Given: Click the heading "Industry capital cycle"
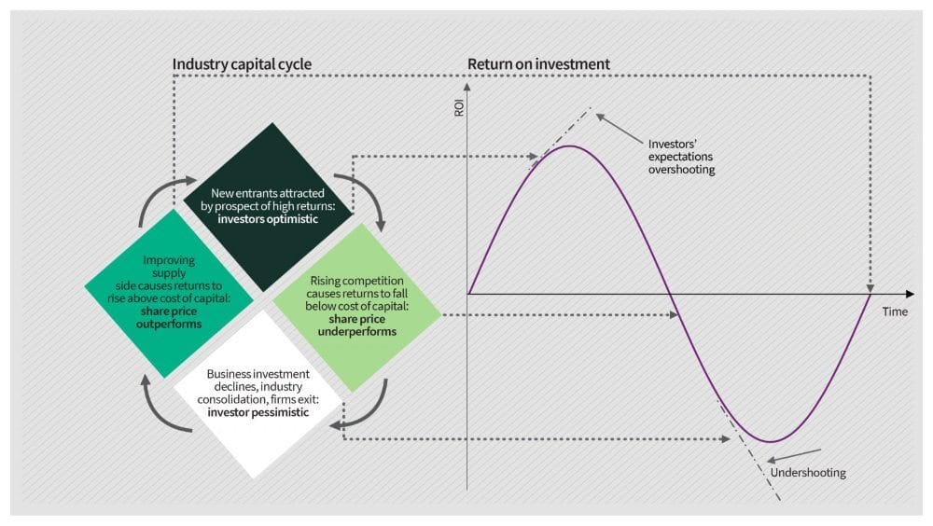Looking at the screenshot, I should pyautogui.click(x=242, y=64).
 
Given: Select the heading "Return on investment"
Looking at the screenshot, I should pyautogui.click(x=538, y=64).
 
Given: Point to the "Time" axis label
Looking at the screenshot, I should pyautogui.click(x=895, y=311).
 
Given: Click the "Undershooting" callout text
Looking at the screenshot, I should pyautogui.click(x=808, y=473).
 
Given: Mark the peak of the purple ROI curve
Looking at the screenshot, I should pyautogui.click(x=569, y=146).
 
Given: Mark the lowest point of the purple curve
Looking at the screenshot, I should pyautogui.click(x=771, y=441).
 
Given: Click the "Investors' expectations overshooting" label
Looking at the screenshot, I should pyautogui.click(x=681, y=158).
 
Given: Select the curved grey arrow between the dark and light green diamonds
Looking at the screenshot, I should pyautogui.click(x=367, y=198).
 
